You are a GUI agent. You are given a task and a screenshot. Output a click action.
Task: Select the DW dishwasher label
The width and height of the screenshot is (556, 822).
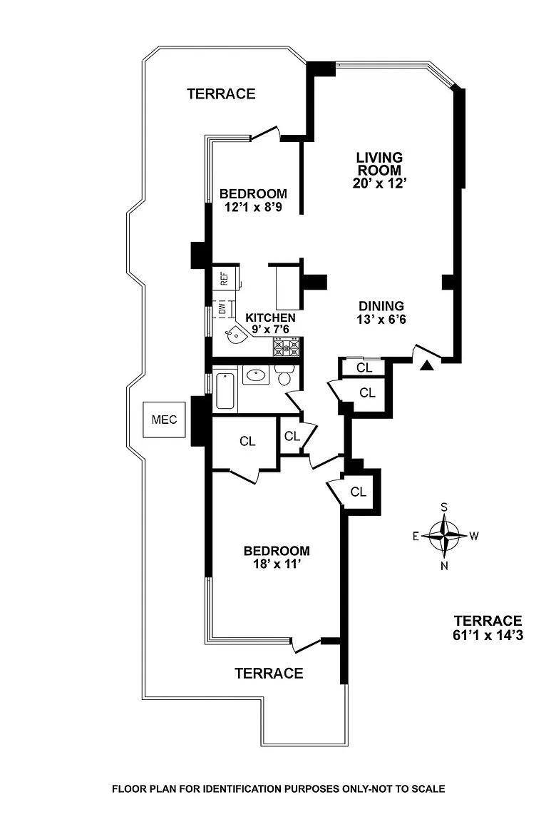pos(222,309)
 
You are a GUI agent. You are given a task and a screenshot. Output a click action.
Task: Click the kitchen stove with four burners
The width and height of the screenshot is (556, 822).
pos(287,347)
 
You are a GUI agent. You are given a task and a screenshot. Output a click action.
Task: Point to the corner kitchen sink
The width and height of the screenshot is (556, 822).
pos(234,333)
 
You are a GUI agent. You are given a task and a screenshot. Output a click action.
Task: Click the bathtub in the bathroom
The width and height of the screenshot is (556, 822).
pos(225,390)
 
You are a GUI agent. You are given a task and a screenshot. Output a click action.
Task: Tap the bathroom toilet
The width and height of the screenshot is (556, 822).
pos(285,375)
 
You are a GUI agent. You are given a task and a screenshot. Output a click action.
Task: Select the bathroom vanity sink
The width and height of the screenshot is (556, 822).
pos(255,375)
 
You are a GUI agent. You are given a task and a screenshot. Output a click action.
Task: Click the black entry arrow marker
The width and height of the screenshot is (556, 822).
pos(426,366)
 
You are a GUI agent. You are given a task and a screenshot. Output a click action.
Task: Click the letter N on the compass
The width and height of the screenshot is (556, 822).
pos(444,567)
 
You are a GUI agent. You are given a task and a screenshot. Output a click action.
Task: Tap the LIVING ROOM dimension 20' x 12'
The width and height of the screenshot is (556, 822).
pos(379,183)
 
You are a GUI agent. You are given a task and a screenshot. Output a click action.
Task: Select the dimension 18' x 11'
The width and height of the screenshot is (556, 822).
pos(277,564)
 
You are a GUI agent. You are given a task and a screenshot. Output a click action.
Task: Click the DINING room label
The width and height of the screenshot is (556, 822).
pos(381,306)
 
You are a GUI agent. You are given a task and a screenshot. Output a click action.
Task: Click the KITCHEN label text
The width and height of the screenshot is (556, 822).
pos(270,318)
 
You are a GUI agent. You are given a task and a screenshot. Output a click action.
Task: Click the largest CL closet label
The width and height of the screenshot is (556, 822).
pos(247,442)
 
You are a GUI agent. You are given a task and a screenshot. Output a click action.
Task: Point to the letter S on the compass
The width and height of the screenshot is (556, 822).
pos(444,507)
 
